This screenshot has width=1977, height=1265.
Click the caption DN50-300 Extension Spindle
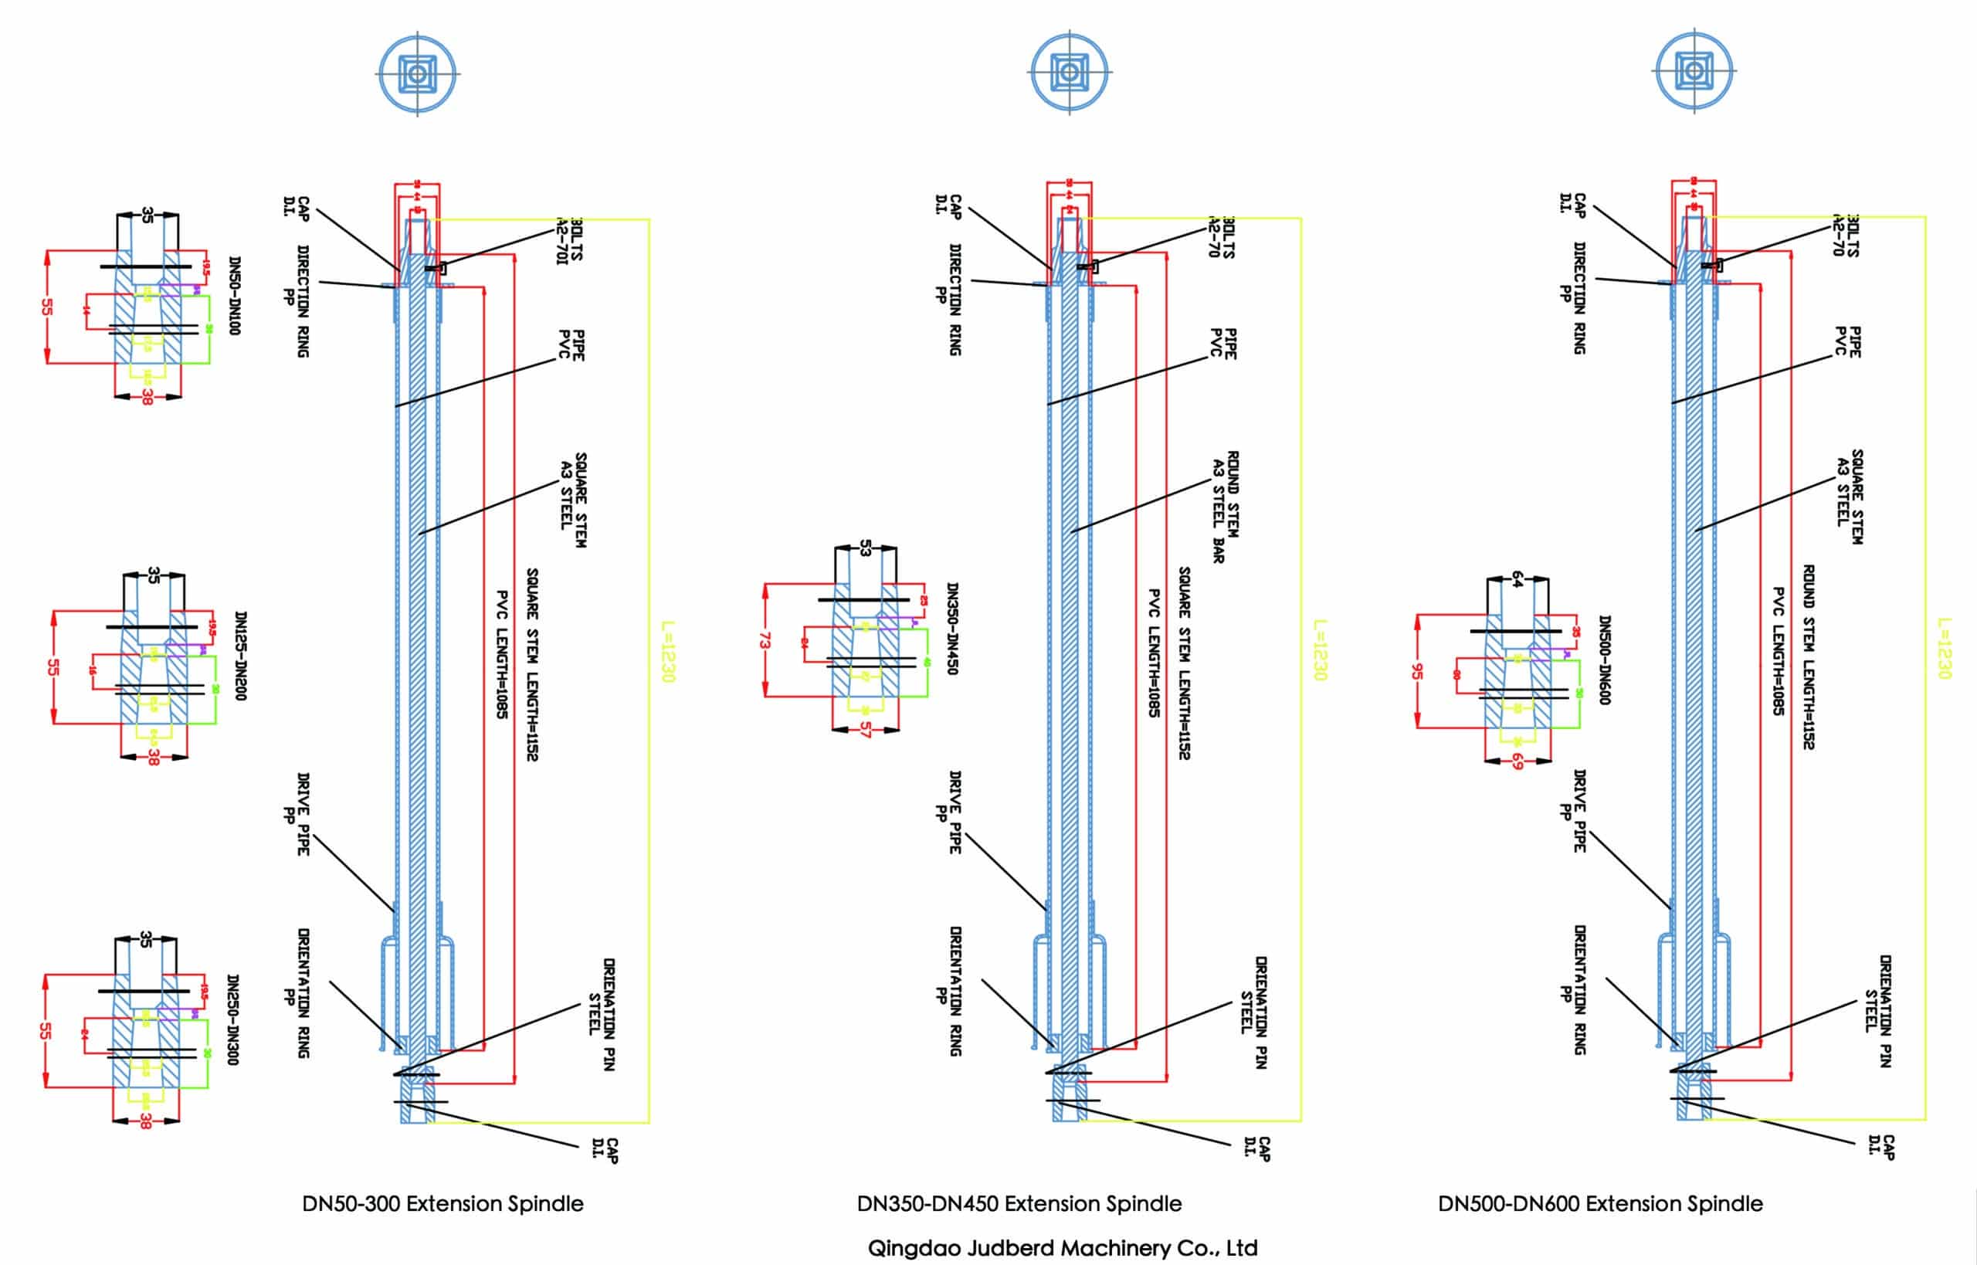(x=443, y=1203)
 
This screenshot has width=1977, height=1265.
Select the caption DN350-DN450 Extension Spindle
(x=1019, y=1203)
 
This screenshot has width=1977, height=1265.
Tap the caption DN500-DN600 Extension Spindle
(x=1600, y=1203)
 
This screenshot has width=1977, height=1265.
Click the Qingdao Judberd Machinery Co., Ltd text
(x=1062, y=1248)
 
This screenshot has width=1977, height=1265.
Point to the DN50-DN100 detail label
(x=235, y=296)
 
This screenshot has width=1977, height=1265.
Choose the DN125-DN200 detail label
(x=241, y=656)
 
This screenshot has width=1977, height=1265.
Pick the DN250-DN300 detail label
(x=232, y=1019)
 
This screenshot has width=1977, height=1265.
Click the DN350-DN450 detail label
(x=953, y=629)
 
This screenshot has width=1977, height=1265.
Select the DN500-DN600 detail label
(x=1604, y=660)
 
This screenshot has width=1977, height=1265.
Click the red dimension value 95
(x=1417, y=671)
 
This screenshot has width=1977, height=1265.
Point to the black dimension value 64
(x=1517, y=579)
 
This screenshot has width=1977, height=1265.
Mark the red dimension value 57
(x=865, y=730)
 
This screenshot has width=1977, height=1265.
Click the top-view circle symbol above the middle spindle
(x=1069, y=73)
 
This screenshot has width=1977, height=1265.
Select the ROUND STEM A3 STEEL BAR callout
(x=1226, y=506)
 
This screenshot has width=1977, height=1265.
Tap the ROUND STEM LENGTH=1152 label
(x=1808, y=656)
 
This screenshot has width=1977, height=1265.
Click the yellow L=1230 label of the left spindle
(x=668, y=650)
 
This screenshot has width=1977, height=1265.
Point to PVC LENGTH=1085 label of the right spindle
(x=1779, y=650)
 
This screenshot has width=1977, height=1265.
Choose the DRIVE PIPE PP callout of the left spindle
(x=296, y=813)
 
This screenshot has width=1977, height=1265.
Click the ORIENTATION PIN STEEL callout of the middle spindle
(x=1253, y=1011)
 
